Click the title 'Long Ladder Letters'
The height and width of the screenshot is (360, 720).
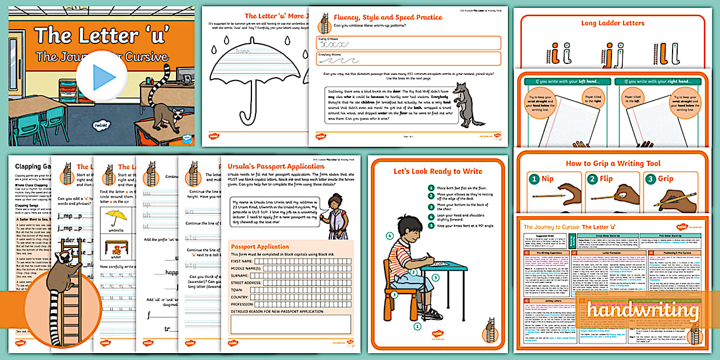point(613,23)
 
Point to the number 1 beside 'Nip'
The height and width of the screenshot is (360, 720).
point(534,179)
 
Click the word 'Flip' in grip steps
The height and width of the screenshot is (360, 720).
point(606,179)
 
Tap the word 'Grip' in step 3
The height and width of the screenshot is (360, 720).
point(666,179)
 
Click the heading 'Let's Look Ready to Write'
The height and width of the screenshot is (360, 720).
point(438,171)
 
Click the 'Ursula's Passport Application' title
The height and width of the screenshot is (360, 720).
point(276,166)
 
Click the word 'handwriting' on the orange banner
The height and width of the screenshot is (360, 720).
point(643,311)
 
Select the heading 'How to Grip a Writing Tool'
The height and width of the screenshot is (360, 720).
point(613,163)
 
